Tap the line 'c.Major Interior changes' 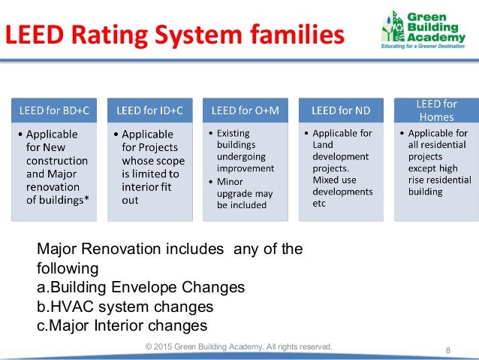point(122,325)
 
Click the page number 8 point(447,350)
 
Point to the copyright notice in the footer point(239,346)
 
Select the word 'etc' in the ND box point(319,203)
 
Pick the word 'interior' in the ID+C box point(140,187)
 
